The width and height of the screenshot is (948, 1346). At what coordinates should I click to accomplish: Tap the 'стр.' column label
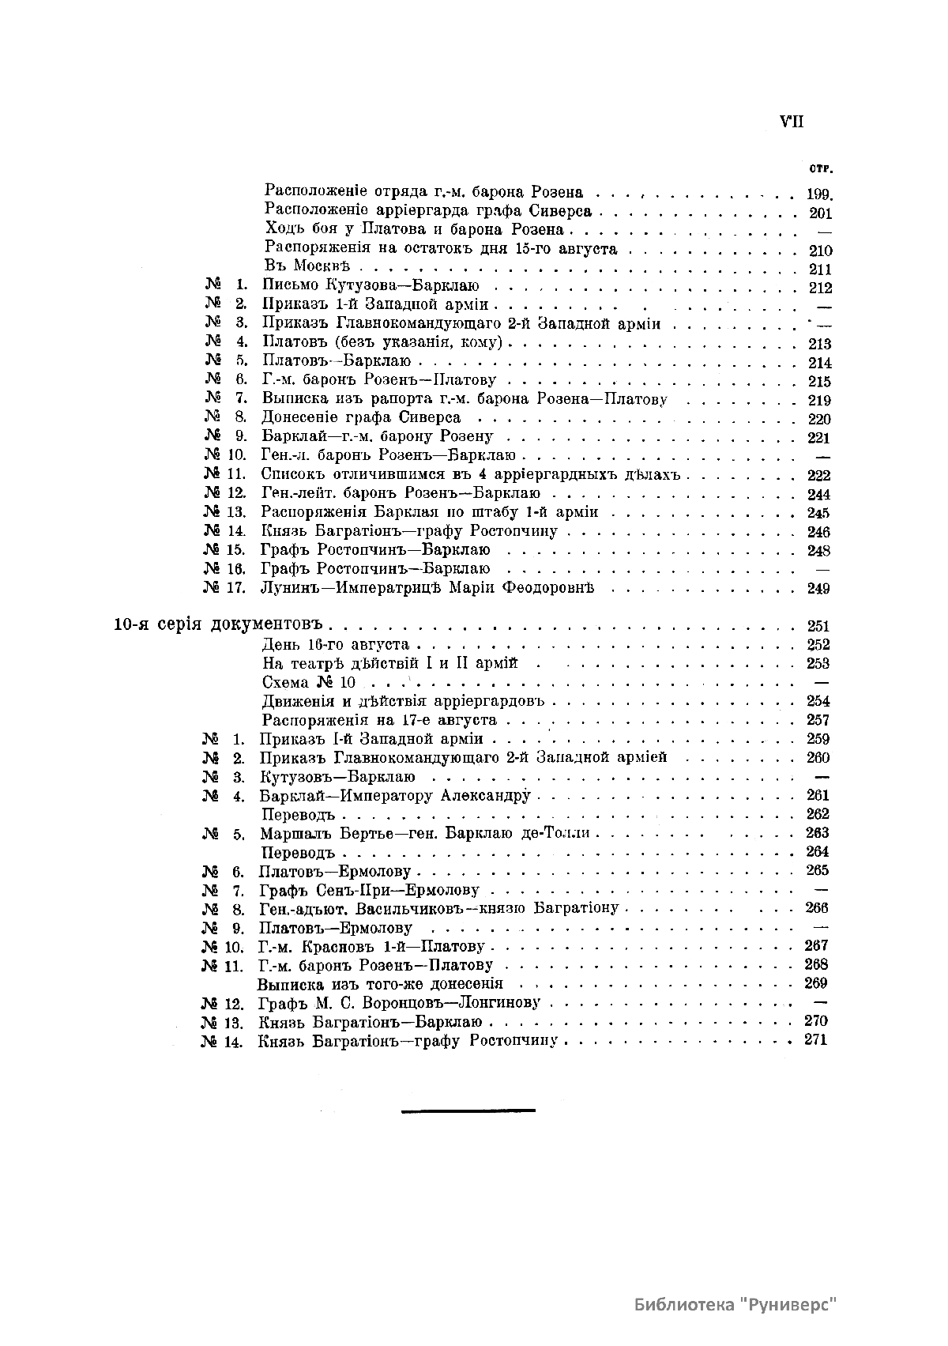point(821,168)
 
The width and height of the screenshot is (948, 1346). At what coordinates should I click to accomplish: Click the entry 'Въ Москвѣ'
point(307,267)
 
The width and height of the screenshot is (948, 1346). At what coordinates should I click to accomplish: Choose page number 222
point(819,475)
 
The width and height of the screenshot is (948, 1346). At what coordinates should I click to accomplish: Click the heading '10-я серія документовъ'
point(220,624)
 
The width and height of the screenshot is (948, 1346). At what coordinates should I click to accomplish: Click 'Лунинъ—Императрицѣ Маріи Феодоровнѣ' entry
point(427,587)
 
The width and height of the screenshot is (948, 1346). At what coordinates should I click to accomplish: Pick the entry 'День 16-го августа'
point(336,644)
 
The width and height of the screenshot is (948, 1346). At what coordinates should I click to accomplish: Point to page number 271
point(815,1039)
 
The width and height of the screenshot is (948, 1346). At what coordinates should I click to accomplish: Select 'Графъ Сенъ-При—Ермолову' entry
point(369,890)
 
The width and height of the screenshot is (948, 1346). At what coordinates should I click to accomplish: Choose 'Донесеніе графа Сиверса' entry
point(361,417)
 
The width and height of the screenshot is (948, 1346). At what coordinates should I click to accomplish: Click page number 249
point(818,588)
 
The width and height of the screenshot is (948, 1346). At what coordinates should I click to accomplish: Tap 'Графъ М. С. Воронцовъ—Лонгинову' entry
point(399,1002)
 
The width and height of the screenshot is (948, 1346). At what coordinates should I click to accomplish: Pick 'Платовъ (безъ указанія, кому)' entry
point(382,342)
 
